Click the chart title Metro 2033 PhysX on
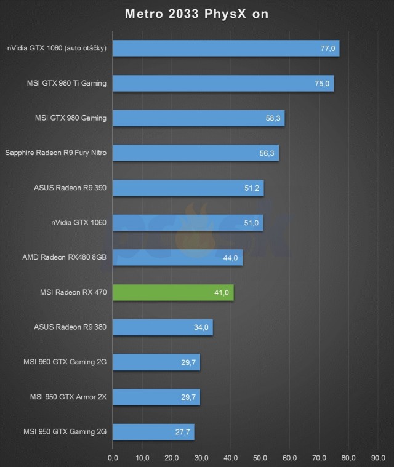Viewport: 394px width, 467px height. (x=197, y=14)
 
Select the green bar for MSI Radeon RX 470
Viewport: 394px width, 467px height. (x=173, y=293)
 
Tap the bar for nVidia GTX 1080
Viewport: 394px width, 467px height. (x=226, y=49)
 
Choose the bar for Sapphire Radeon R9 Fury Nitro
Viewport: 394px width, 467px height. (x=196, y=153)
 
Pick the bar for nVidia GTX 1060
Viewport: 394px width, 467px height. (x=188, y=223)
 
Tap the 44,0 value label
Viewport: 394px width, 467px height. (x=231, y=258)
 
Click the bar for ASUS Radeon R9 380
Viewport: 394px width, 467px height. (x=163, y=327)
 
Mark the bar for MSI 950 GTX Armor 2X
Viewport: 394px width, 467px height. (x=156, y=397)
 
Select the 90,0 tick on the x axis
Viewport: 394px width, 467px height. (x=379, y=458)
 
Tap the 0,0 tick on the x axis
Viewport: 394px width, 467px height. (x=113, y=458)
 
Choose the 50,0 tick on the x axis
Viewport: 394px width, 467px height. (x=260, y=458)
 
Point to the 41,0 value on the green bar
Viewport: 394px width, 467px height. (x=222, y=293)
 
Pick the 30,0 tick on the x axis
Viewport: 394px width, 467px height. (x=201, y=458)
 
